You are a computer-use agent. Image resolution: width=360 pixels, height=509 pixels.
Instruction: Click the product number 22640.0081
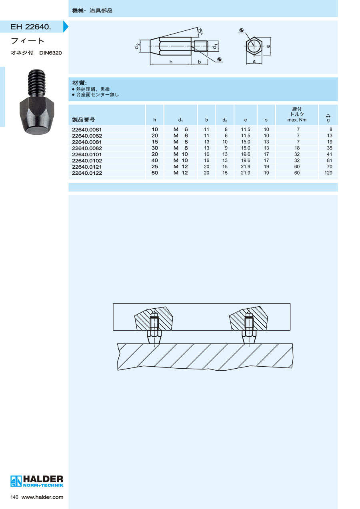86,142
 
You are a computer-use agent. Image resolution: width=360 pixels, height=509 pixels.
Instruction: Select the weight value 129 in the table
328,173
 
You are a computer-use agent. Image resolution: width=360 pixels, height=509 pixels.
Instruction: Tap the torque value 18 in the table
297,148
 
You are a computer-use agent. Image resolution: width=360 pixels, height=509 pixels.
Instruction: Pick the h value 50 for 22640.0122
154,173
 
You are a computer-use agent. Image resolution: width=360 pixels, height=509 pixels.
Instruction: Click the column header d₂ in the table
224,120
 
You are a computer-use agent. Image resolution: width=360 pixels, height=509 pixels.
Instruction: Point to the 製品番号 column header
83,120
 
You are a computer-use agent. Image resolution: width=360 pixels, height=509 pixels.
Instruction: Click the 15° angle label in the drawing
200,31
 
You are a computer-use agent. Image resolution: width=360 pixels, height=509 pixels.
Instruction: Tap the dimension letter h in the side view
171,62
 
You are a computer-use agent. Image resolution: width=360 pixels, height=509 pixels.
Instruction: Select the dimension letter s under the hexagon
254,61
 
